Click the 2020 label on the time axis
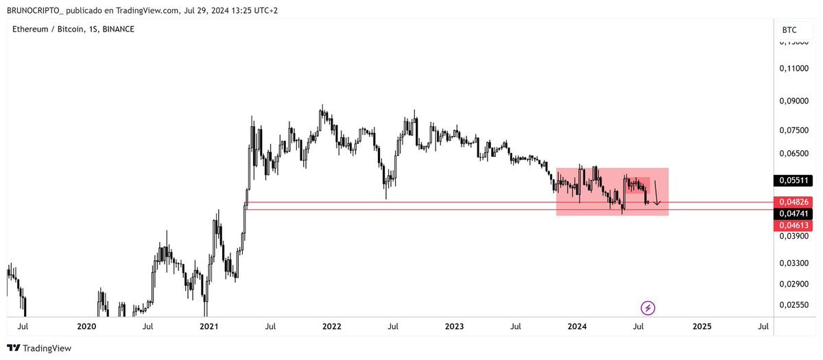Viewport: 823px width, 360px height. (x=86, y=326)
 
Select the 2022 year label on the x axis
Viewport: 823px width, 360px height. (x=332, y=326)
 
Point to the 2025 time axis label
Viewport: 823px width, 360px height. (x=702, y=326)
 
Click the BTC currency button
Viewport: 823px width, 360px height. (x=789, y=29)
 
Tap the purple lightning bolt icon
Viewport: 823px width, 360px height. (x=647, y=308)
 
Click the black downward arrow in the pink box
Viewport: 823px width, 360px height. (x=656, y=193)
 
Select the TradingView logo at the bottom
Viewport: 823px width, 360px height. (x=39, y=348)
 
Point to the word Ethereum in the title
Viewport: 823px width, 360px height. (x=31, y=29)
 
